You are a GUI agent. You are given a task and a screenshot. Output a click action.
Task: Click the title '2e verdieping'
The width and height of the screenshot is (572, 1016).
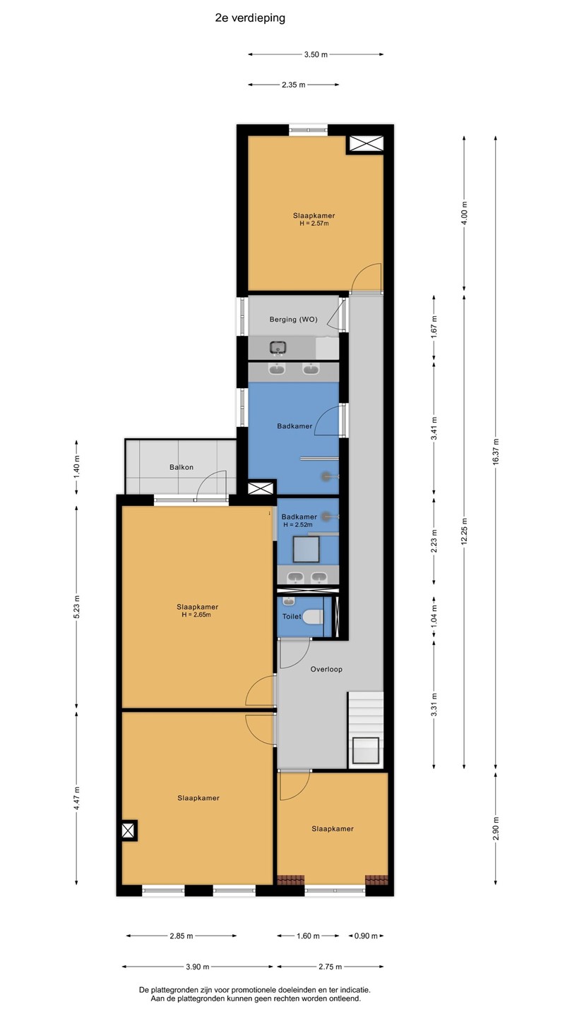coord(250,18)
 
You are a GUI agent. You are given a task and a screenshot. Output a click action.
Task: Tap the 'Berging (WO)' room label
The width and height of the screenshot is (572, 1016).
coord(293,320)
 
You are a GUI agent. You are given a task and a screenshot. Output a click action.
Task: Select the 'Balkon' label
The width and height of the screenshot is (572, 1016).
coord(181,467)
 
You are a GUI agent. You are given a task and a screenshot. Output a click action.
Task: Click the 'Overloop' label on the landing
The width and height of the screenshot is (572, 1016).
coord(326,669)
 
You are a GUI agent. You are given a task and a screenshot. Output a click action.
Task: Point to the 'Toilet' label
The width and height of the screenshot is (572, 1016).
coord(292,617)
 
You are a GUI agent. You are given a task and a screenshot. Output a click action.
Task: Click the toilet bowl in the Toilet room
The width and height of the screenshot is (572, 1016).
coord(313,617)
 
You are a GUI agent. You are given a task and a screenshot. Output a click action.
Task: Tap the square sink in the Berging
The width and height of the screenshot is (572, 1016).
coord(278,348)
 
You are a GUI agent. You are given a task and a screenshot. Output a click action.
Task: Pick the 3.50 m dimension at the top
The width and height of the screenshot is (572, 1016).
coord(316,54)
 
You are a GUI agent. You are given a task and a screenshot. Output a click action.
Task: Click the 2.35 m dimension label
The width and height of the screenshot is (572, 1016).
coord(293,85)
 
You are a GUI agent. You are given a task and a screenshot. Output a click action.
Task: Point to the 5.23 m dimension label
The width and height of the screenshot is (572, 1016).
coord(76,607)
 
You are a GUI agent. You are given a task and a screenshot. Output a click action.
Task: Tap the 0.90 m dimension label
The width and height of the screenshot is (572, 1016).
coord(366,936)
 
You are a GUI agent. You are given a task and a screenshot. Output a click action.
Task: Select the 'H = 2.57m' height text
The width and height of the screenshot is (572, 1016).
coord(314,223)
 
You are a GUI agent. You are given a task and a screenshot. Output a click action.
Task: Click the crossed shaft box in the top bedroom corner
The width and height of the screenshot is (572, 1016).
coord(366,145)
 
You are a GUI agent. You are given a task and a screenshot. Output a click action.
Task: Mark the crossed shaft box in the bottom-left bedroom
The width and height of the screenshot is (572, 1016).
coord(129,831)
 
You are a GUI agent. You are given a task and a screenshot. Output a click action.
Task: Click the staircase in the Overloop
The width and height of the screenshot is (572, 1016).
coord(366,730)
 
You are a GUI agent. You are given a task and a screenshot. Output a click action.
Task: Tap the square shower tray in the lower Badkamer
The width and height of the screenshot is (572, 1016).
coord(306,549)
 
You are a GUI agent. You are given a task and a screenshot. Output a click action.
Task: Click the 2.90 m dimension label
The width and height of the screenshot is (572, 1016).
coord(496,828)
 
